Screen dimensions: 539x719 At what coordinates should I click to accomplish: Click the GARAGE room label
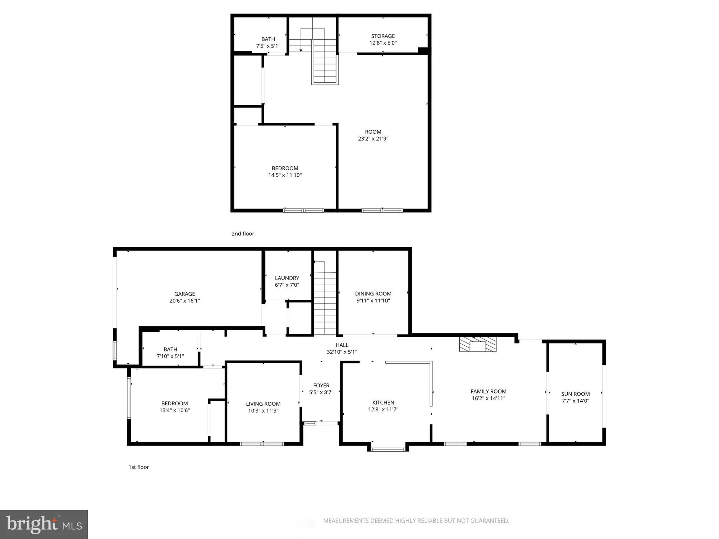point(184,294)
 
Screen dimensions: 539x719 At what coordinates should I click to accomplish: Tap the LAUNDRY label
point(287,278)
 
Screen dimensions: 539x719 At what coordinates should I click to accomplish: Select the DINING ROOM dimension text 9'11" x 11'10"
point(373,301)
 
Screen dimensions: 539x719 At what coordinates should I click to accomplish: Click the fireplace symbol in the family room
point(478,344)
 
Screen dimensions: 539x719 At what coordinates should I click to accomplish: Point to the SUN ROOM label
point(575,394)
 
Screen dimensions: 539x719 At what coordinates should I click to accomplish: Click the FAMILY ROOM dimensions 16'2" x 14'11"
point(488,399)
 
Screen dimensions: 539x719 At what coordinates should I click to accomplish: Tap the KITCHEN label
point(383,402)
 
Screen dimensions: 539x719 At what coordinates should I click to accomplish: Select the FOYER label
point(321,386)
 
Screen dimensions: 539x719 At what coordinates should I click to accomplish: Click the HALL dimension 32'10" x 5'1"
point(342,352)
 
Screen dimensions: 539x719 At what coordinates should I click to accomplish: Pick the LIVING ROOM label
point(263,404)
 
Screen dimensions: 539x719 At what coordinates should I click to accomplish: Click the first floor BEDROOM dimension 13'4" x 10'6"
point(174,410)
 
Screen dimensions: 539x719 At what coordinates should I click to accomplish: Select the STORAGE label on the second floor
point(383,36)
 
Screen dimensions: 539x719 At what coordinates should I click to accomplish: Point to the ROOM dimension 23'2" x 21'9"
point(373,139)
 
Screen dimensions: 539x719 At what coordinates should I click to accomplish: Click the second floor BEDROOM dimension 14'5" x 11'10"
point(285,175)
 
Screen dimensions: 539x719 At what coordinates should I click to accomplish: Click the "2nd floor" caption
point(243,234)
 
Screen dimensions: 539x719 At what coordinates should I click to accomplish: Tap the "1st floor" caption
point(139,467)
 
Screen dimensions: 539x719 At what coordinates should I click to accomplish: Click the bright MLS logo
point(44,524)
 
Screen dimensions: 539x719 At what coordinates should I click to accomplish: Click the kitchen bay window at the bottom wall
point(388,449)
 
